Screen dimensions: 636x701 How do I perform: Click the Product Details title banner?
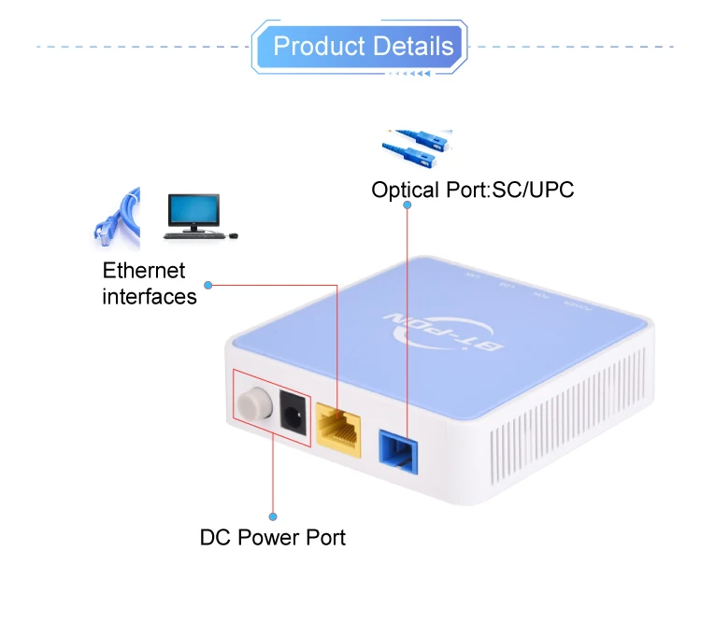click(361, 47)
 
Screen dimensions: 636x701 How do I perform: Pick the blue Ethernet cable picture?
click(117, 217)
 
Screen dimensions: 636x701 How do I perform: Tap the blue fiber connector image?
click(416, 148)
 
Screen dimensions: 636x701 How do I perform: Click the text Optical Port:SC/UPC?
click(472, 191)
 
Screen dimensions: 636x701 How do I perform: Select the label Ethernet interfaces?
click(150, 284)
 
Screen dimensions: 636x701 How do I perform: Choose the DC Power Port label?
click(273, 538)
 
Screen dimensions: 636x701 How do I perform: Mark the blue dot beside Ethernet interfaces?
click(207, 284)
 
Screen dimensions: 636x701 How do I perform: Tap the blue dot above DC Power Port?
click(273, 516)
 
